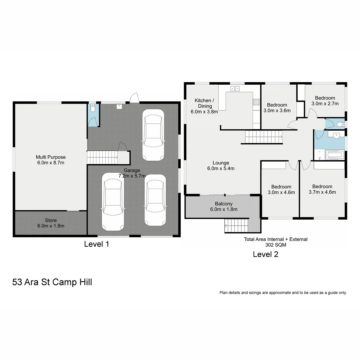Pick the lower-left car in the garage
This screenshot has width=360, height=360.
click(113, 202)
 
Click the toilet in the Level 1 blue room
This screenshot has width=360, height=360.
click(93, 108)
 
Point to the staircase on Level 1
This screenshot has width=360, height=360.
click(102, 157)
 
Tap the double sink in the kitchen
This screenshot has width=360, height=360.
click(235, 88)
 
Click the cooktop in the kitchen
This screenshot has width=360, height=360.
click(256, 102)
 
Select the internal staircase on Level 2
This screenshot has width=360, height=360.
click(264, 137)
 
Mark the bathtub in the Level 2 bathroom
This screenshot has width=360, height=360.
click(334, 155)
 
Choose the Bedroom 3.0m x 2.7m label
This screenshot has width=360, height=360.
click(325, 101)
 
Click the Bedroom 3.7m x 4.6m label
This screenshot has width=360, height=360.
click(322, 189)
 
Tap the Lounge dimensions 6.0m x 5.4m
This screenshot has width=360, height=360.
click(221, 168)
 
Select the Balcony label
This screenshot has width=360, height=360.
click(224, 204)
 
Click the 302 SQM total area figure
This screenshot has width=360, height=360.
click(276, 245)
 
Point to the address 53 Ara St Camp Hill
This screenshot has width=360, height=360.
click(52, 282)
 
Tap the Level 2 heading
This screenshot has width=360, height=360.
click(265, 254)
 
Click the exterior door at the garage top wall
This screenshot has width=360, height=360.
click(134, 98)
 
